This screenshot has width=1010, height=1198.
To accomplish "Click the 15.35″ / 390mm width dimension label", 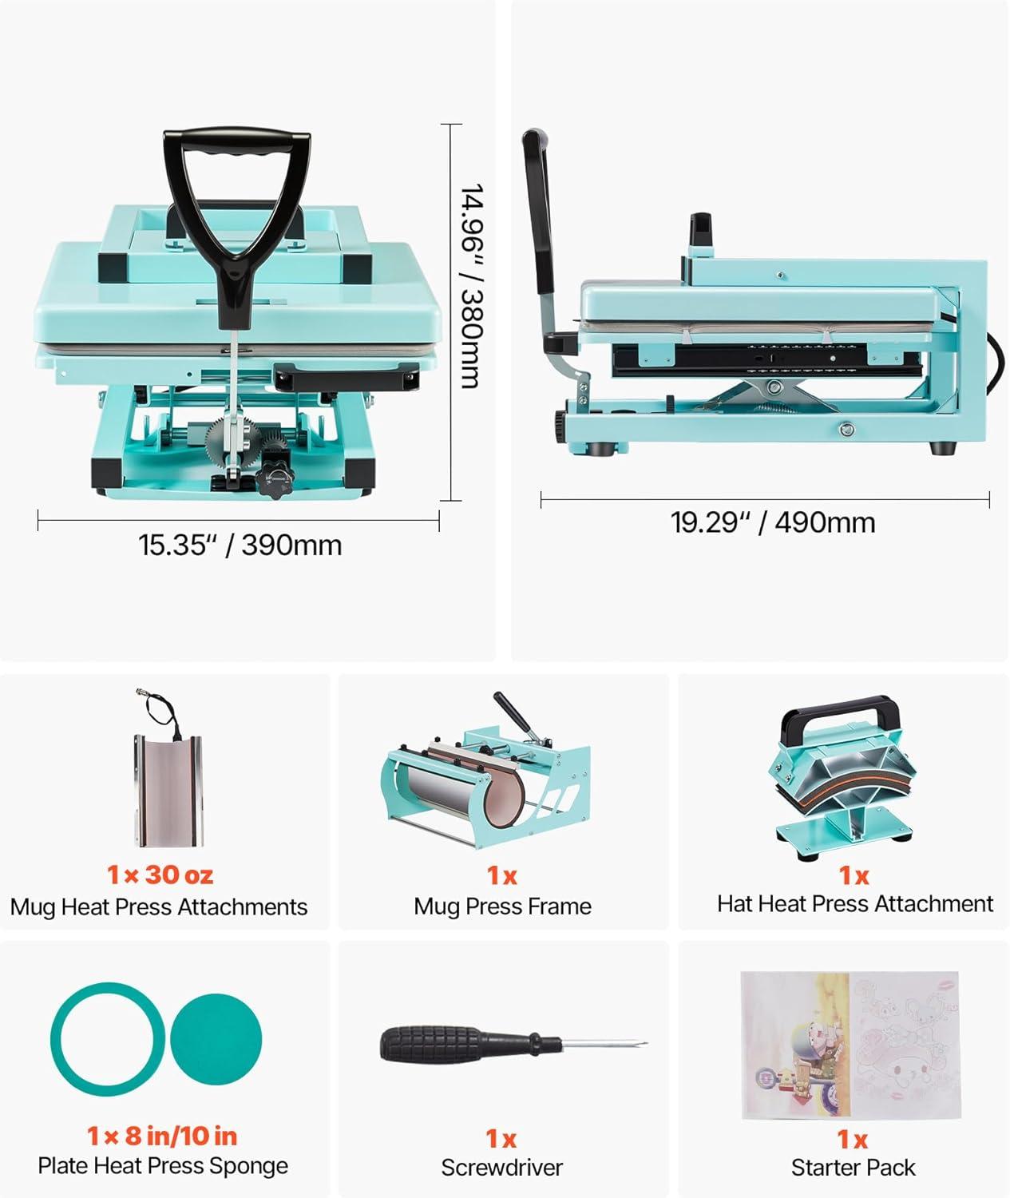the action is click(x=240, y=545).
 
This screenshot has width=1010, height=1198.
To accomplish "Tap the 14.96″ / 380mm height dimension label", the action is click(x=473, y=286).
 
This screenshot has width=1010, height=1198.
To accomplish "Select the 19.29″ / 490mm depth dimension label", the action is click(x=773, y=522).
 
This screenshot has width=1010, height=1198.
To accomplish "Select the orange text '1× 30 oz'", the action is click(x=160, y=875).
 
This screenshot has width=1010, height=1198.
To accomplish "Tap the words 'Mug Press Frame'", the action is click(x=502, y=906).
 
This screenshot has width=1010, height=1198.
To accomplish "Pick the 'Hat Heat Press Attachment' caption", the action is click(x=854, y=903).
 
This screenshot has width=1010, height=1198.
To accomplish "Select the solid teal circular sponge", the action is click(x=216, y=1039).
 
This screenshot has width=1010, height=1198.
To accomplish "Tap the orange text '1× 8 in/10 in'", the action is click(x=162, y=1137).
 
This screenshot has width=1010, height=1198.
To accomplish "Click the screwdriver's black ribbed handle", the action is click(x=437, y=1042).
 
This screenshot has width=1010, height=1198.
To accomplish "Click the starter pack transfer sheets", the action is click(x=850, y=1045).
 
